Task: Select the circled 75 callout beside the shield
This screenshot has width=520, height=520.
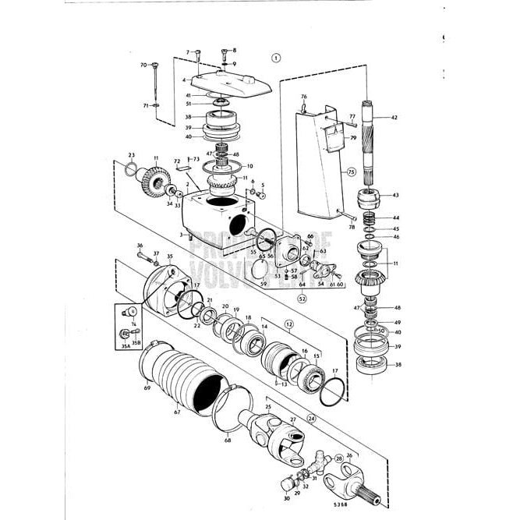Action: tap(352, 172)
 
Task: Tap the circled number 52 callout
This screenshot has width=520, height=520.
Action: tap(301, 298)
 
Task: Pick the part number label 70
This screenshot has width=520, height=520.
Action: tap(143, 65)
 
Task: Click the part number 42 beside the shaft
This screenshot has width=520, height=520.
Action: tap(394, 118)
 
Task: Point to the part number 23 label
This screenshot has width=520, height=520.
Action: tap(132, 155)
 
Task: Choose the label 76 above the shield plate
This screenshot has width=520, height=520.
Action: tap(304, 97)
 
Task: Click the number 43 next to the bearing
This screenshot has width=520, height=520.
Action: tap(395, 195)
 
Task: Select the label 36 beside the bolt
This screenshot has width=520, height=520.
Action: tap(140, 246)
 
